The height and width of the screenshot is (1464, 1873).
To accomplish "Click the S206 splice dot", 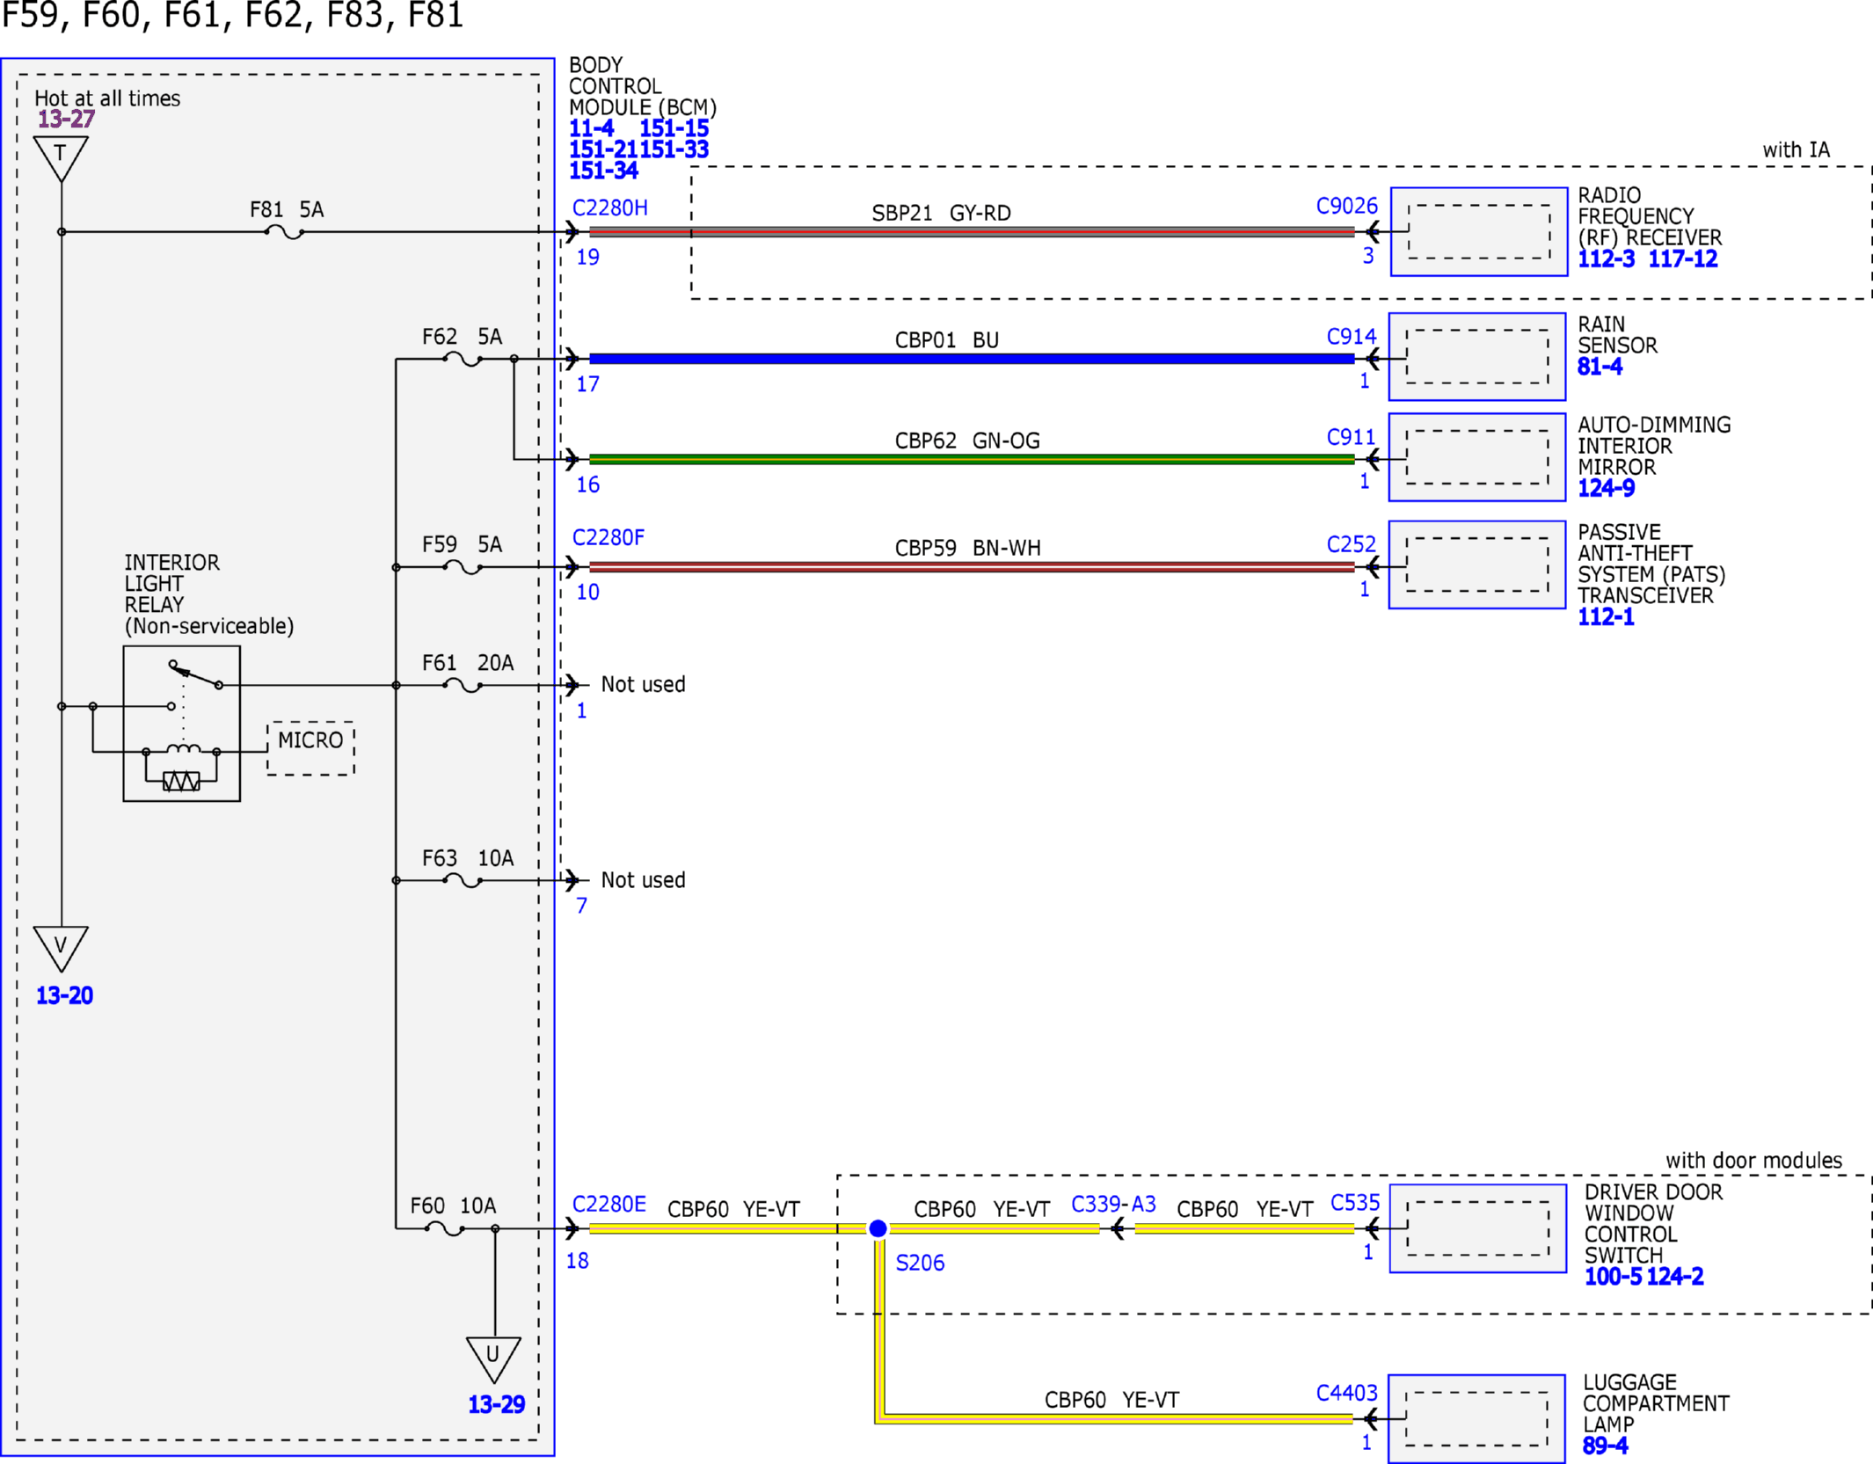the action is (x=878, y=1228).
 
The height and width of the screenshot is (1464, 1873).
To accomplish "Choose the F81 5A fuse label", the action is (x=287, y=209).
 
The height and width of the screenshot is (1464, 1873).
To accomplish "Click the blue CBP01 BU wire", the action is (x=972, y=359).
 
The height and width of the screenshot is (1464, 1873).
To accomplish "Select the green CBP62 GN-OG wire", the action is (x=972, y=459).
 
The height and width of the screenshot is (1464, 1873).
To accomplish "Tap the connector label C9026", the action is (x=1346, y=206).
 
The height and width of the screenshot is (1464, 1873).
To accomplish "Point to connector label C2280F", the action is (x=609, y=537).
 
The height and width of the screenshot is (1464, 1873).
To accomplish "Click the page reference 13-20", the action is (x=64, y=995).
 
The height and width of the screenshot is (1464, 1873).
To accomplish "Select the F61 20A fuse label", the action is (x=468, y=663).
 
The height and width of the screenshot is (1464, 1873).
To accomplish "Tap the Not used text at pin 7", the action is (x=643, y=880).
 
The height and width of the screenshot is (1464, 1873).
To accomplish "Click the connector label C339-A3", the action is (x=1113, y=1204).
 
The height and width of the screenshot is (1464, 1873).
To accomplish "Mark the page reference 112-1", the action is (x=1606, y=617).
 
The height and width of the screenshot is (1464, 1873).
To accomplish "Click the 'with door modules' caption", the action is (x=1753, y=1161).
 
